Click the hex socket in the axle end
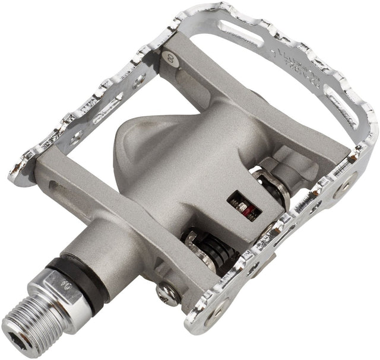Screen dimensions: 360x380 (x=16, y=323)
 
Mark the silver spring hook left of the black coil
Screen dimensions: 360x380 (x=193, y=243)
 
